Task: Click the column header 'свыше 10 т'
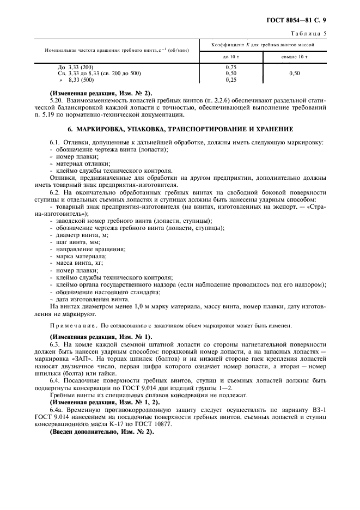(294, 56)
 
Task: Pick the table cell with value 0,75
(231, 66)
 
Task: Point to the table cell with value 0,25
(231, 80)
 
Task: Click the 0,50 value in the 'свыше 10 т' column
(294, 73)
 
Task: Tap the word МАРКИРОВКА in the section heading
(106, 129)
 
